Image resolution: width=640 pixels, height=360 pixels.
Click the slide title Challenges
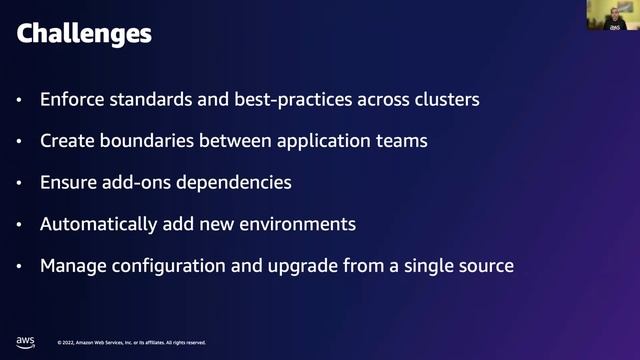[x=84, y=34]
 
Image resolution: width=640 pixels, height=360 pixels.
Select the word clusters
[x=447, y=100]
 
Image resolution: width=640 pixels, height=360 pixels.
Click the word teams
[x=402, y=141]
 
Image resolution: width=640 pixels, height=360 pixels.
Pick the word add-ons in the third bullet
[x=138, y=183]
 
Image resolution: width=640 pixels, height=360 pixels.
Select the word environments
[x=301, y=224]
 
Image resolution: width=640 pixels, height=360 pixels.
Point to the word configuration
[x=164, y=266]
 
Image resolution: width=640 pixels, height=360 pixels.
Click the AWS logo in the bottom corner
[x=25, y=341]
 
